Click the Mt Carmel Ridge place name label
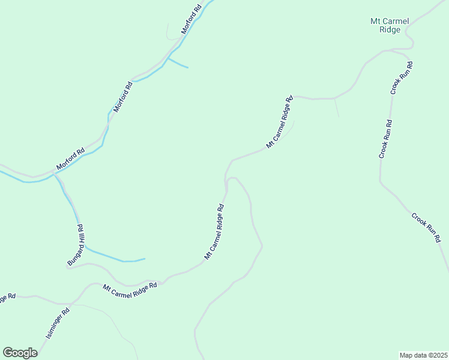point(390,25)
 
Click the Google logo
point(20,352)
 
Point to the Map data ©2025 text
point(423,355)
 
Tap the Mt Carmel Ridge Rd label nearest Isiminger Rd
point(130,287)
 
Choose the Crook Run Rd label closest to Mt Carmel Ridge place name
point(400,78)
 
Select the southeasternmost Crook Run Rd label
point(427,227)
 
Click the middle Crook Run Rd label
point(385,139)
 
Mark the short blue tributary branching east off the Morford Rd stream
point(178,63)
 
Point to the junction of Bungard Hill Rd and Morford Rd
point(55,174)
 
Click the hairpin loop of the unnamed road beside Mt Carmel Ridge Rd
point(232,178)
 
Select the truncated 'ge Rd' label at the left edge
point(7,298)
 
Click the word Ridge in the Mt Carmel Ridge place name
point(390,30)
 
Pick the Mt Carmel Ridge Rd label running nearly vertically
point(214,232)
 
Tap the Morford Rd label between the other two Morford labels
point(122,98)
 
